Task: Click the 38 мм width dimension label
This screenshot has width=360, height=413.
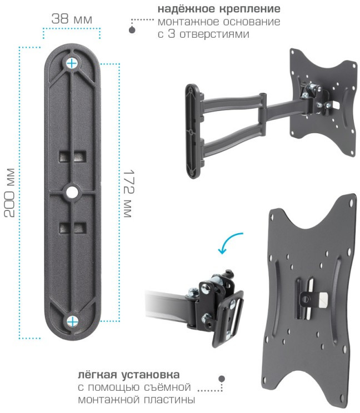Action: tap(72, 19)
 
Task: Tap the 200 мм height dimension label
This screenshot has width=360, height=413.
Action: tap(9, 193)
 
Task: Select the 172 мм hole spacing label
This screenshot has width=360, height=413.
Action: tap(129, 194)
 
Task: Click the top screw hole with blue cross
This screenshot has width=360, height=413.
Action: tap(72, 63)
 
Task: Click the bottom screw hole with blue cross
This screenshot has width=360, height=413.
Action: tap(72, 321)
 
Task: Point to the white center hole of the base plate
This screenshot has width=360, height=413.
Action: tap(71, 192)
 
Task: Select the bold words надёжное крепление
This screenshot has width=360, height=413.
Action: tap(219, 9)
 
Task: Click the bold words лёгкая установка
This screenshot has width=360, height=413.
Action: tap(129, 375)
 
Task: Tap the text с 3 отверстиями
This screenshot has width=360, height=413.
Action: tap(203, 34)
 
